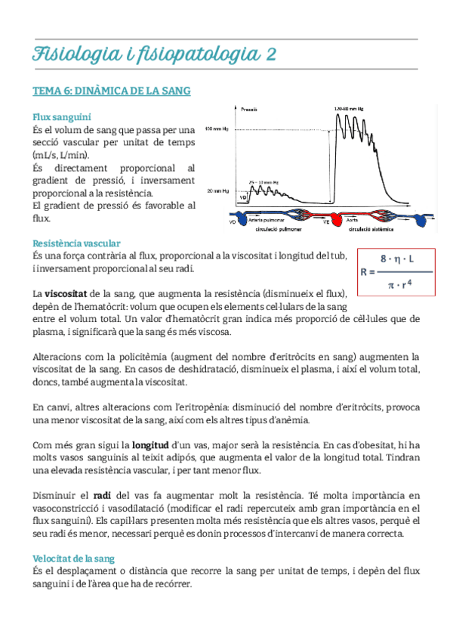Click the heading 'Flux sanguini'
tap(62, 117)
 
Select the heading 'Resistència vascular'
tap(76, 243)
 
